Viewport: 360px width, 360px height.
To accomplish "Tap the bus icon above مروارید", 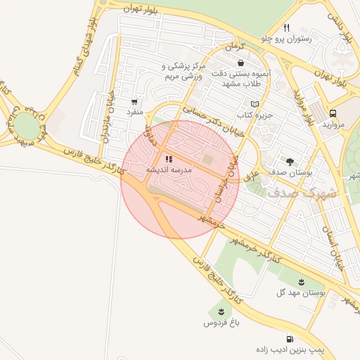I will click(333, 112).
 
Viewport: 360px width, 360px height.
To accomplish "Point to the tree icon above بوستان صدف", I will click(289, 161).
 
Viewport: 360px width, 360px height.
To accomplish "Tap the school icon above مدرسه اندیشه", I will click(168, 160).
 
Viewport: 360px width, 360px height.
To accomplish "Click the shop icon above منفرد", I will click(134, 102).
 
